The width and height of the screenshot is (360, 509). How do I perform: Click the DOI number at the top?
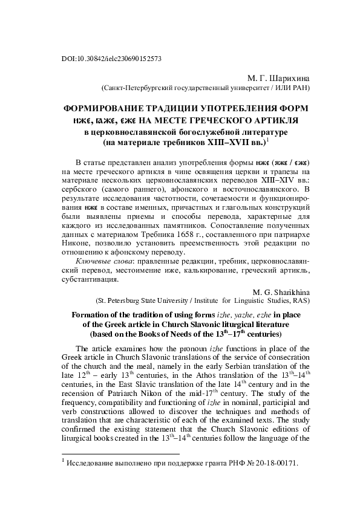[x=113, y=59]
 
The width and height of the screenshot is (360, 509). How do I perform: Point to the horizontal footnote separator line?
[x=121, y=470]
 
